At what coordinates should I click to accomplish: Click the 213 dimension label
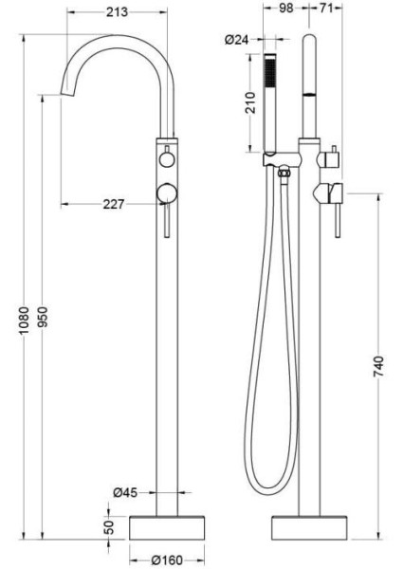tap(117, 12)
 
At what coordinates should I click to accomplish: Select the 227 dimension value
tap(114, 204)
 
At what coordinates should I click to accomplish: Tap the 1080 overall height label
tap(24, 321)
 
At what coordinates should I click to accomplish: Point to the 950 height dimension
tap(43, 317)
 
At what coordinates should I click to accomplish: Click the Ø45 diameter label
tap(125, 492)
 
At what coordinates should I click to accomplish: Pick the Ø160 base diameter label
tap(167, 560)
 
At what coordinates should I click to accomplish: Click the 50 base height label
tap(109, 526)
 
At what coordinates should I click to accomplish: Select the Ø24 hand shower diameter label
tap(236, 39)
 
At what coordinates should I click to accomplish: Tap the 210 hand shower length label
tap(250, 102)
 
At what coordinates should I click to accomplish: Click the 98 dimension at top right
tap(285, 8)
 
